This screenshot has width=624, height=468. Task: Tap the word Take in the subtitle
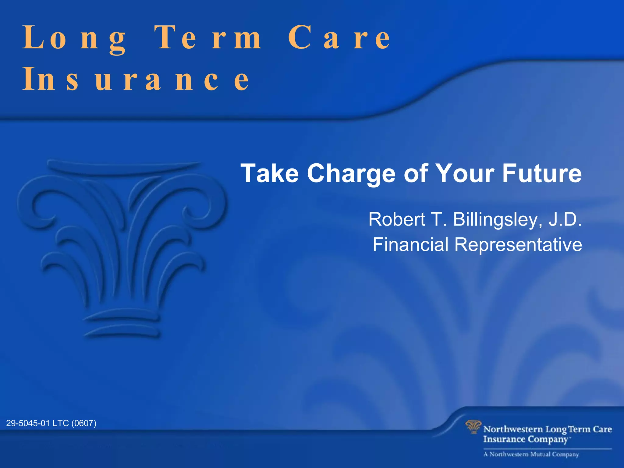269,173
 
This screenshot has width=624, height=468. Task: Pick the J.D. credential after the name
565,219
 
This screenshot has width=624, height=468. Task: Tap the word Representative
518,245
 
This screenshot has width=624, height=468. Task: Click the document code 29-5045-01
28,423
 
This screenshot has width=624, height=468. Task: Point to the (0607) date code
84,423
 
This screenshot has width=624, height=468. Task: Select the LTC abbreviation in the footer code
61,423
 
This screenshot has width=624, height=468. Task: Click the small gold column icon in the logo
473,427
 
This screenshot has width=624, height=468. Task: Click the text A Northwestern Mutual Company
531,454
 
